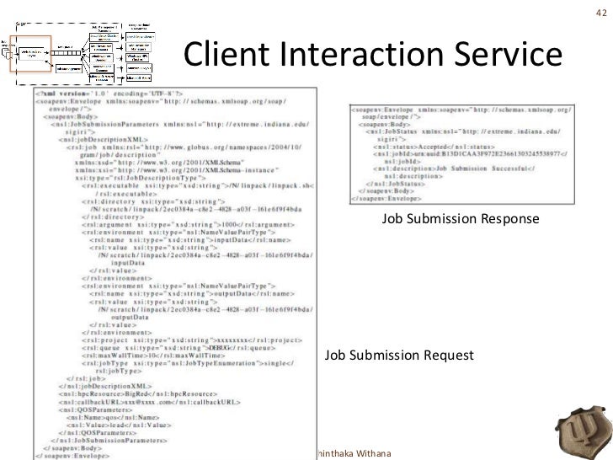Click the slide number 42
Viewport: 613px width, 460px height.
pos(600,12)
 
